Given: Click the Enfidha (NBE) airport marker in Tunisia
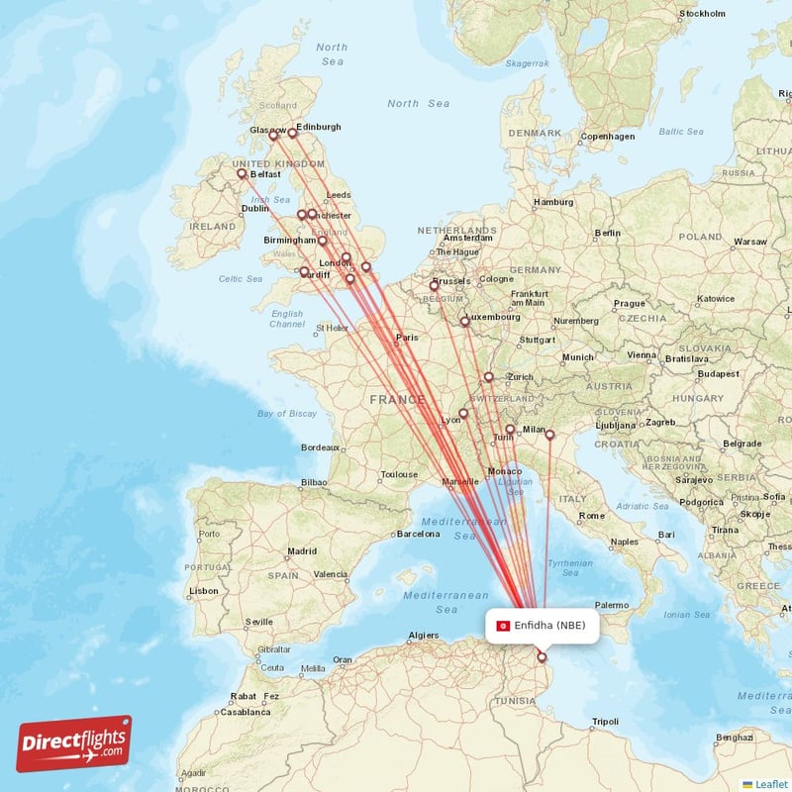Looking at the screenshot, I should click(542, 656).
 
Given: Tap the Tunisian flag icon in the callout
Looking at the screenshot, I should click(503, 625).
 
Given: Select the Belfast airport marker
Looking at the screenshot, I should click(242, 174).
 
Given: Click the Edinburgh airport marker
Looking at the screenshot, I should click(293, 133).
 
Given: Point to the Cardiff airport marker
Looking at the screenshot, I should click(304, 271).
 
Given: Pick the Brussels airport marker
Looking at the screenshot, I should click(434, 285).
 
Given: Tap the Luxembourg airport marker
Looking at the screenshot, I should click(464, 321).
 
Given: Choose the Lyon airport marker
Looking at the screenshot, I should click(462, 414).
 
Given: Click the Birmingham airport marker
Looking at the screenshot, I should click(323, 241).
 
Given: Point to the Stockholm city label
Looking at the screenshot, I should click(704, 14).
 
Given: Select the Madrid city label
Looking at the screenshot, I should click(302, 551).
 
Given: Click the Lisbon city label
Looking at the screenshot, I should click(204, 591).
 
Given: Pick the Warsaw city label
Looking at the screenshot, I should click(750, 242).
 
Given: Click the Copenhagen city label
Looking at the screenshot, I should click(607, 136).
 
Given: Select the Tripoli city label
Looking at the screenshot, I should click(604, 722).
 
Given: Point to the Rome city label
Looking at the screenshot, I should click(592, 516).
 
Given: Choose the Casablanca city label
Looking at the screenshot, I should click(246, 712).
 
